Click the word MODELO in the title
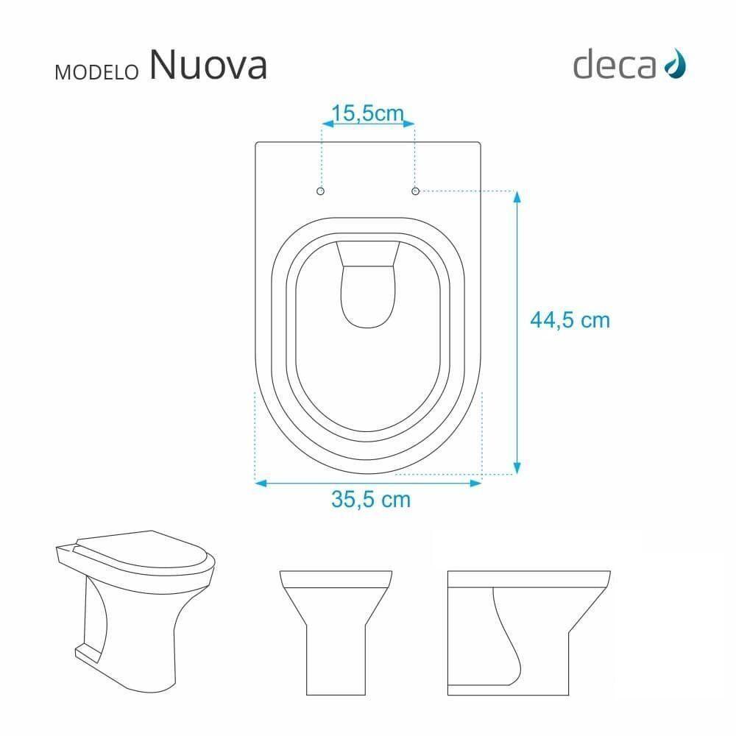97,71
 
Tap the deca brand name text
614,65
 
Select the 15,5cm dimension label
367,113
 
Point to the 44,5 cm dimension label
570,320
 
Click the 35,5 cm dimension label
370,499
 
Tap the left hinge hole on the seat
320,191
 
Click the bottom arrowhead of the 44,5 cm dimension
517,468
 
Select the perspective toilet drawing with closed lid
137,592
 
